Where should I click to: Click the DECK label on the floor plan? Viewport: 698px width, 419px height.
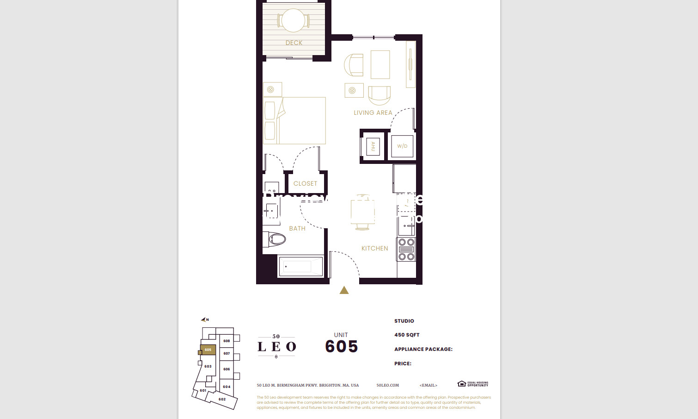(x=294, y=43)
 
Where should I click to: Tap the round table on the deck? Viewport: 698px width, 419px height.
(x=294, y=20)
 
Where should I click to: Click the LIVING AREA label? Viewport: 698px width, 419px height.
(x=373, y=113)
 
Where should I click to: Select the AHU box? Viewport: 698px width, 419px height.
(x=373, y=146)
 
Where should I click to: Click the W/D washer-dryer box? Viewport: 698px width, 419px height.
(x=402, y=146)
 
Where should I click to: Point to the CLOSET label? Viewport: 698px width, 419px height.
(x=305, y=183)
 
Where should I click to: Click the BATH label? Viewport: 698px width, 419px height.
(x=297, y=228)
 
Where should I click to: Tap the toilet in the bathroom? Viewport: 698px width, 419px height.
(x=276, y=239)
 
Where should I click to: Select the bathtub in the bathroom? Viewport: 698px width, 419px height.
(x=300, y=267)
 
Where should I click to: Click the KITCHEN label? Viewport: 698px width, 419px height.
(x=374, y=248)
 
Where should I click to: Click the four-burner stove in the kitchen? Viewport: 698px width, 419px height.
(x=406, y=250)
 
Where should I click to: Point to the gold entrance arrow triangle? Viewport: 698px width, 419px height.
(x=344, y=290)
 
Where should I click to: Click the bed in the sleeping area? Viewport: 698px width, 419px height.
(x=295, y=120)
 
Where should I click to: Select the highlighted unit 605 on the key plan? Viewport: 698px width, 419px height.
(x=208, y=350)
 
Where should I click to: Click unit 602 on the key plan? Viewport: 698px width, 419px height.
(x=222, y=399)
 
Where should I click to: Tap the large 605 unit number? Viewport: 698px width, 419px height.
(x=341, y=346)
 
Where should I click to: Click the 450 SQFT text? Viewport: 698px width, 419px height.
(x=407, y=335)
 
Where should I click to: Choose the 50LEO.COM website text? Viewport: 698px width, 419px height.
(x=387, y=385)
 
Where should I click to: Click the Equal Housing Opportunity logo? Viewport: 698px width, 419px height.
(x=472, y=384)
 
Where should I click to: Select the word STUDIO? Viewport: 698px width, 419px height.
(x=404, y=321)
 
